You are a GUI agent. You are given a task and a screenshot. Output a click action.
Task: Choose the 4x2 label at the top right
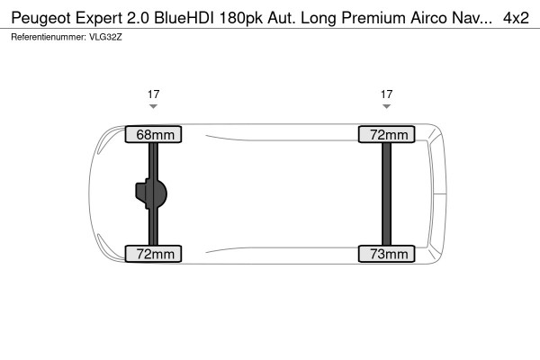pos(516,17)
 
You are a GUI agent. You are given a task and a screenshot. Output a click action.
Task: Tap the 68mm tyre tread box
pos(154,135)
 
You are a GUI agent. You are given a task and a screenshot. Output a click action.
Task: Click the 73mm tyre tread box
pos(387,255)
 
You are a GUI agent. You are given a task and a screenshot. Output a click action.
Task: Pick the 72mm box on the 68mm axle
pos(154,255)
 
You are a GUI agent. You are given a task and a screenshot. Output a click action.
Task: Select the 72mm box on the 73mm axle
pos(387,135)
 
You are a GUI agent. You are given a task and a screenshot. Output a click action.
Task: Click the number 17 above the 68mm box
pos(154,93)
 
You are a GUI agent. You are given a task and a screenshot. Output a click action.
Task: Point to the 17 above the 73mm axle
pos(387,93)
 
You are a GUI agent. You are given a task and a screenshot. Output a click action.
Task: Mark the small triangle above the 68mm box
pos(154,106)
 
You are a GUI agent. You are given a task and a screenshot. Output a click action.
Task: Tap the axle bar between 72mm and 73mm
pos(387,194)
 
